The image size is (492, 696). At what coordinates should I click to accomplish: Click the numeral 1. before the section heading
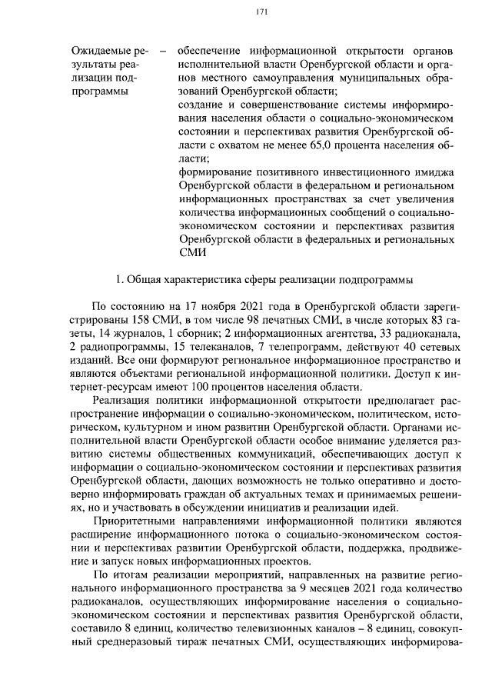click(x=117, y=278)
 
